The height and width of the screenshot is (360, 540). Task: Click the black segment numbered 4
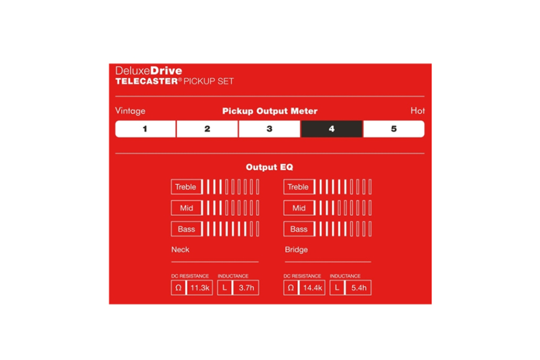click(332, 129)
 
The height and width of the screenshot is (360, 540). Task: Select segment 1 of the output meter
click(146, 129)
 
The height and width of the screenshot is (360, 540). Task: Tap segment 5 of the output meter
click(394, 129)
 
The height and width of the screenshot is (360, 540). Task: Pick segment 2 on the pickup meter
click(207, 129)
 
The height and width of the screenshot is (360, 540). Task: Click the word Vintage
click(130, 111)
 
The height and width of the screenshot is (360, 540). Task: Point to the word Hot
click(418, 111)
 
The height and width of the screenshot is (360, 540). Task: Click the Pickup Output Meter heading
click(270, 111)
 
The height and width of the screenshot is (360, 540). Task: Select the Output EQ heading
click(270, 167)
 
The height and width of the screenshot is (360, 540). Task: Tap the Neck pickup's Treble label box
click(186, 187)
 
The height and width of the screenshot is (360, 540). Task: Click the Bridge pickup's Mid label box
click(299, 208)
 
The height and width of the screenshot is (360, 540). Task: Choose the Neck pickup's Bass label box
click(186, 229)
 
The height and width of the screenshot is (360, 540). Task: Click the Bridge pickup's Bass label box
click(299, 229)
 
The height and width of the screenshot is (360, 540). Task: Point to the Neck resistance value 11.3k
click(200, 288)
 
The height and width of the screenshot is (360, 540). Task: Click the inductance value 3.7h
click(247, 288)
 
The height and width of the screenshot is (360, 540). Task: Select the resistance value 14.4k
click(313, 288)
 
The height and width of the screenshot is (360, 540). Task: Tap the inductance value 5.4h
click(359, 288)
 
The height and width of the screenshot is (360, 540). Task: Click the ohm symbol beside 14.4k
click(291, 288)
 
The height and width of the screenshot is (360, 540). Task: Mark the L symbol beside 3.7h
click(225, 288)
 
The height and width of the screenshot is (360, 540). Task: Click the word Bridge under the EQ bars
click(296, 250)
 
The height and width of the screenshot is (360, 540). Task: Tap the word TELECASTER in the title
click(147, 81)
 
